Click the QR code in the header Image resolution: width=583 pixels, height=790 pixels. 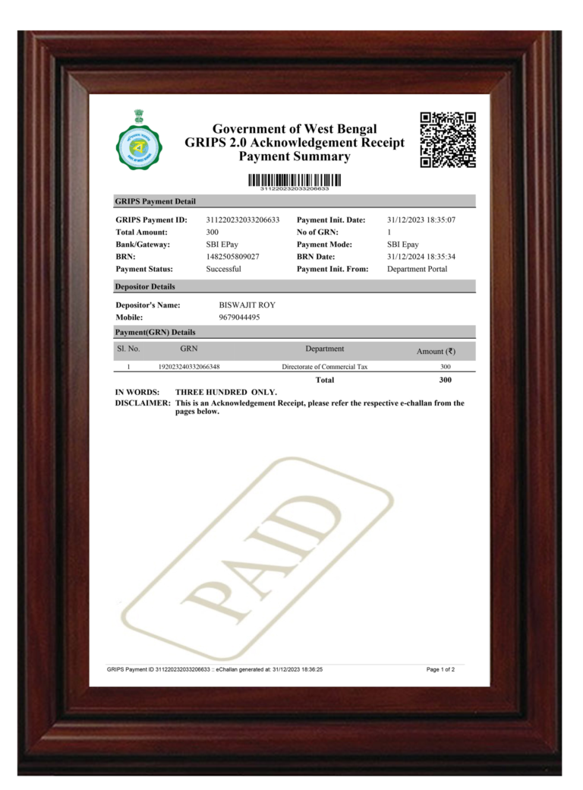click(x=448, y=140)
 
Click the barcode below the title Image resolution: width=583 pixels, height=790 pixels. click(x=295, y=180)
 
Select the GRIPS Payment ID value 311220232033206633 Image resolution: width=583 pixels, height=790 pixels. click(x=243, y=220)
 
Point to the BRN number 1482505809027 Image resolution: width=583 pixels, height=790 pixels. click(x=233, y=257)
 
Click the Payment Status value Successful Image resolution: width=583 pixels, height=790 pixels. click(x=224, y=269)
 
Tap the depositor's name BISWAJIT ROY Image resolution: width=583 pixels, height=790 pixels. click(x=247, y=305)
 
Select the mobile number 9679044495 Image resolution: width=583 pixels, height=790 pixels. click(x=239, y=318)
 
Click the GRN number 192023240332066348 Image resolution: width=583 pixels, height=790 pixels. click(x=189, y=367)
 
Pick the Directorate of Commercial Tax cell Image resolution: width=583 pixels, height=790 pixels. click(x=324, y=367)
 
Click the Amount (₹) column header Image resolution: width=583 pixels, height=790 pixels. click(x=436, y=351)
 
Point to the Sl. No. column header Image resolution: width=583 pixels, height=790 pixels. click(x=128, y=349)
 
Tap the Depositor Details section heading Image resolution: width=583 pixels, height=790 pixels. click(x=145, y=286)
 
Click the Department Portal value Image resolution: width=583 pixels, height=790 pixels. click(x=417, y=269)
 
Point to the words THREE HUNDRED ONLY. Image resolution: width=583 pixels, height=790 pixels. click(x=226, y=392)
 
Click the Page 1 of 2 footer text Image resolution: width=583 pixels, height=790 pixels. click(x=440, y=670)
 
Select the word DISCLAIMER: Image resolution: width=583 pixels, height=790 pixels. click(x=143, y=403)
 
